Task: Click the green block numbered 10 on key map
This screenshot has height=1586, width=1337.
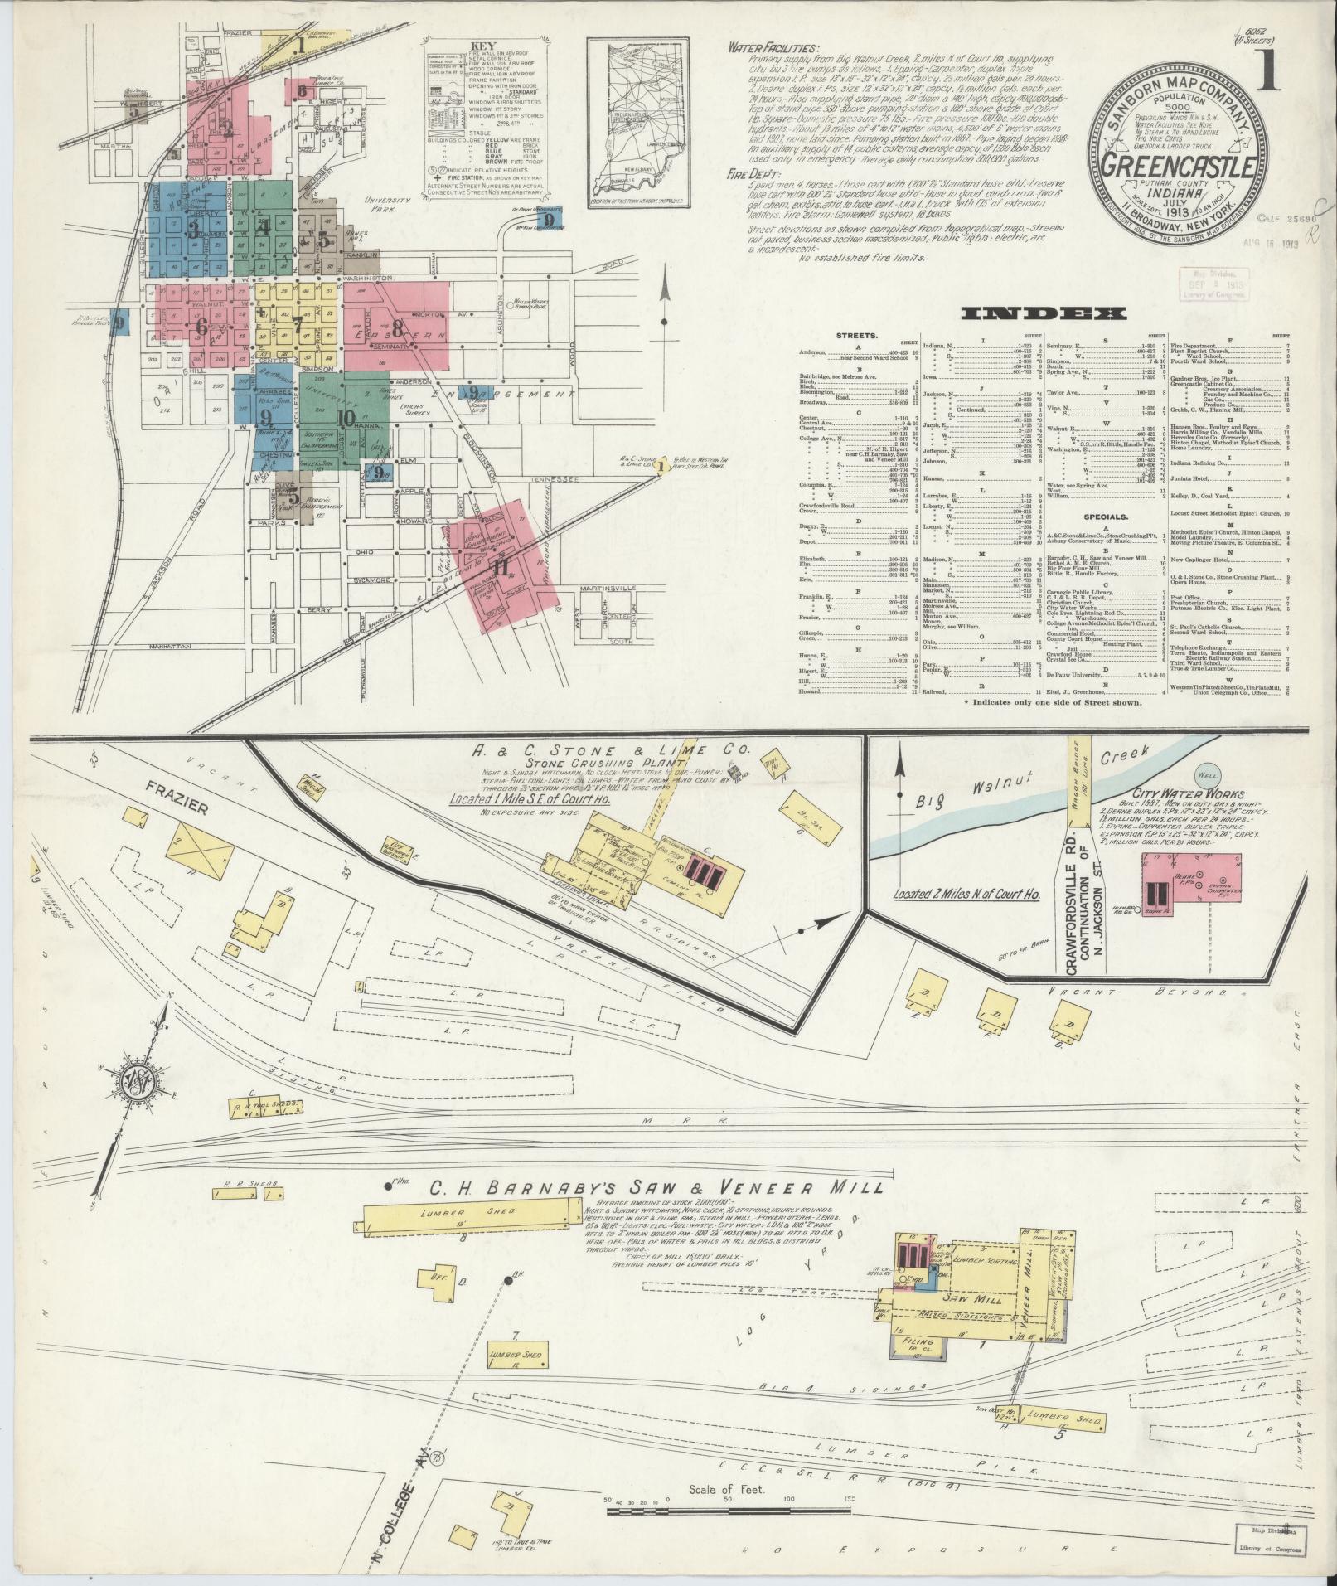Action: tap(346, 418)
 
